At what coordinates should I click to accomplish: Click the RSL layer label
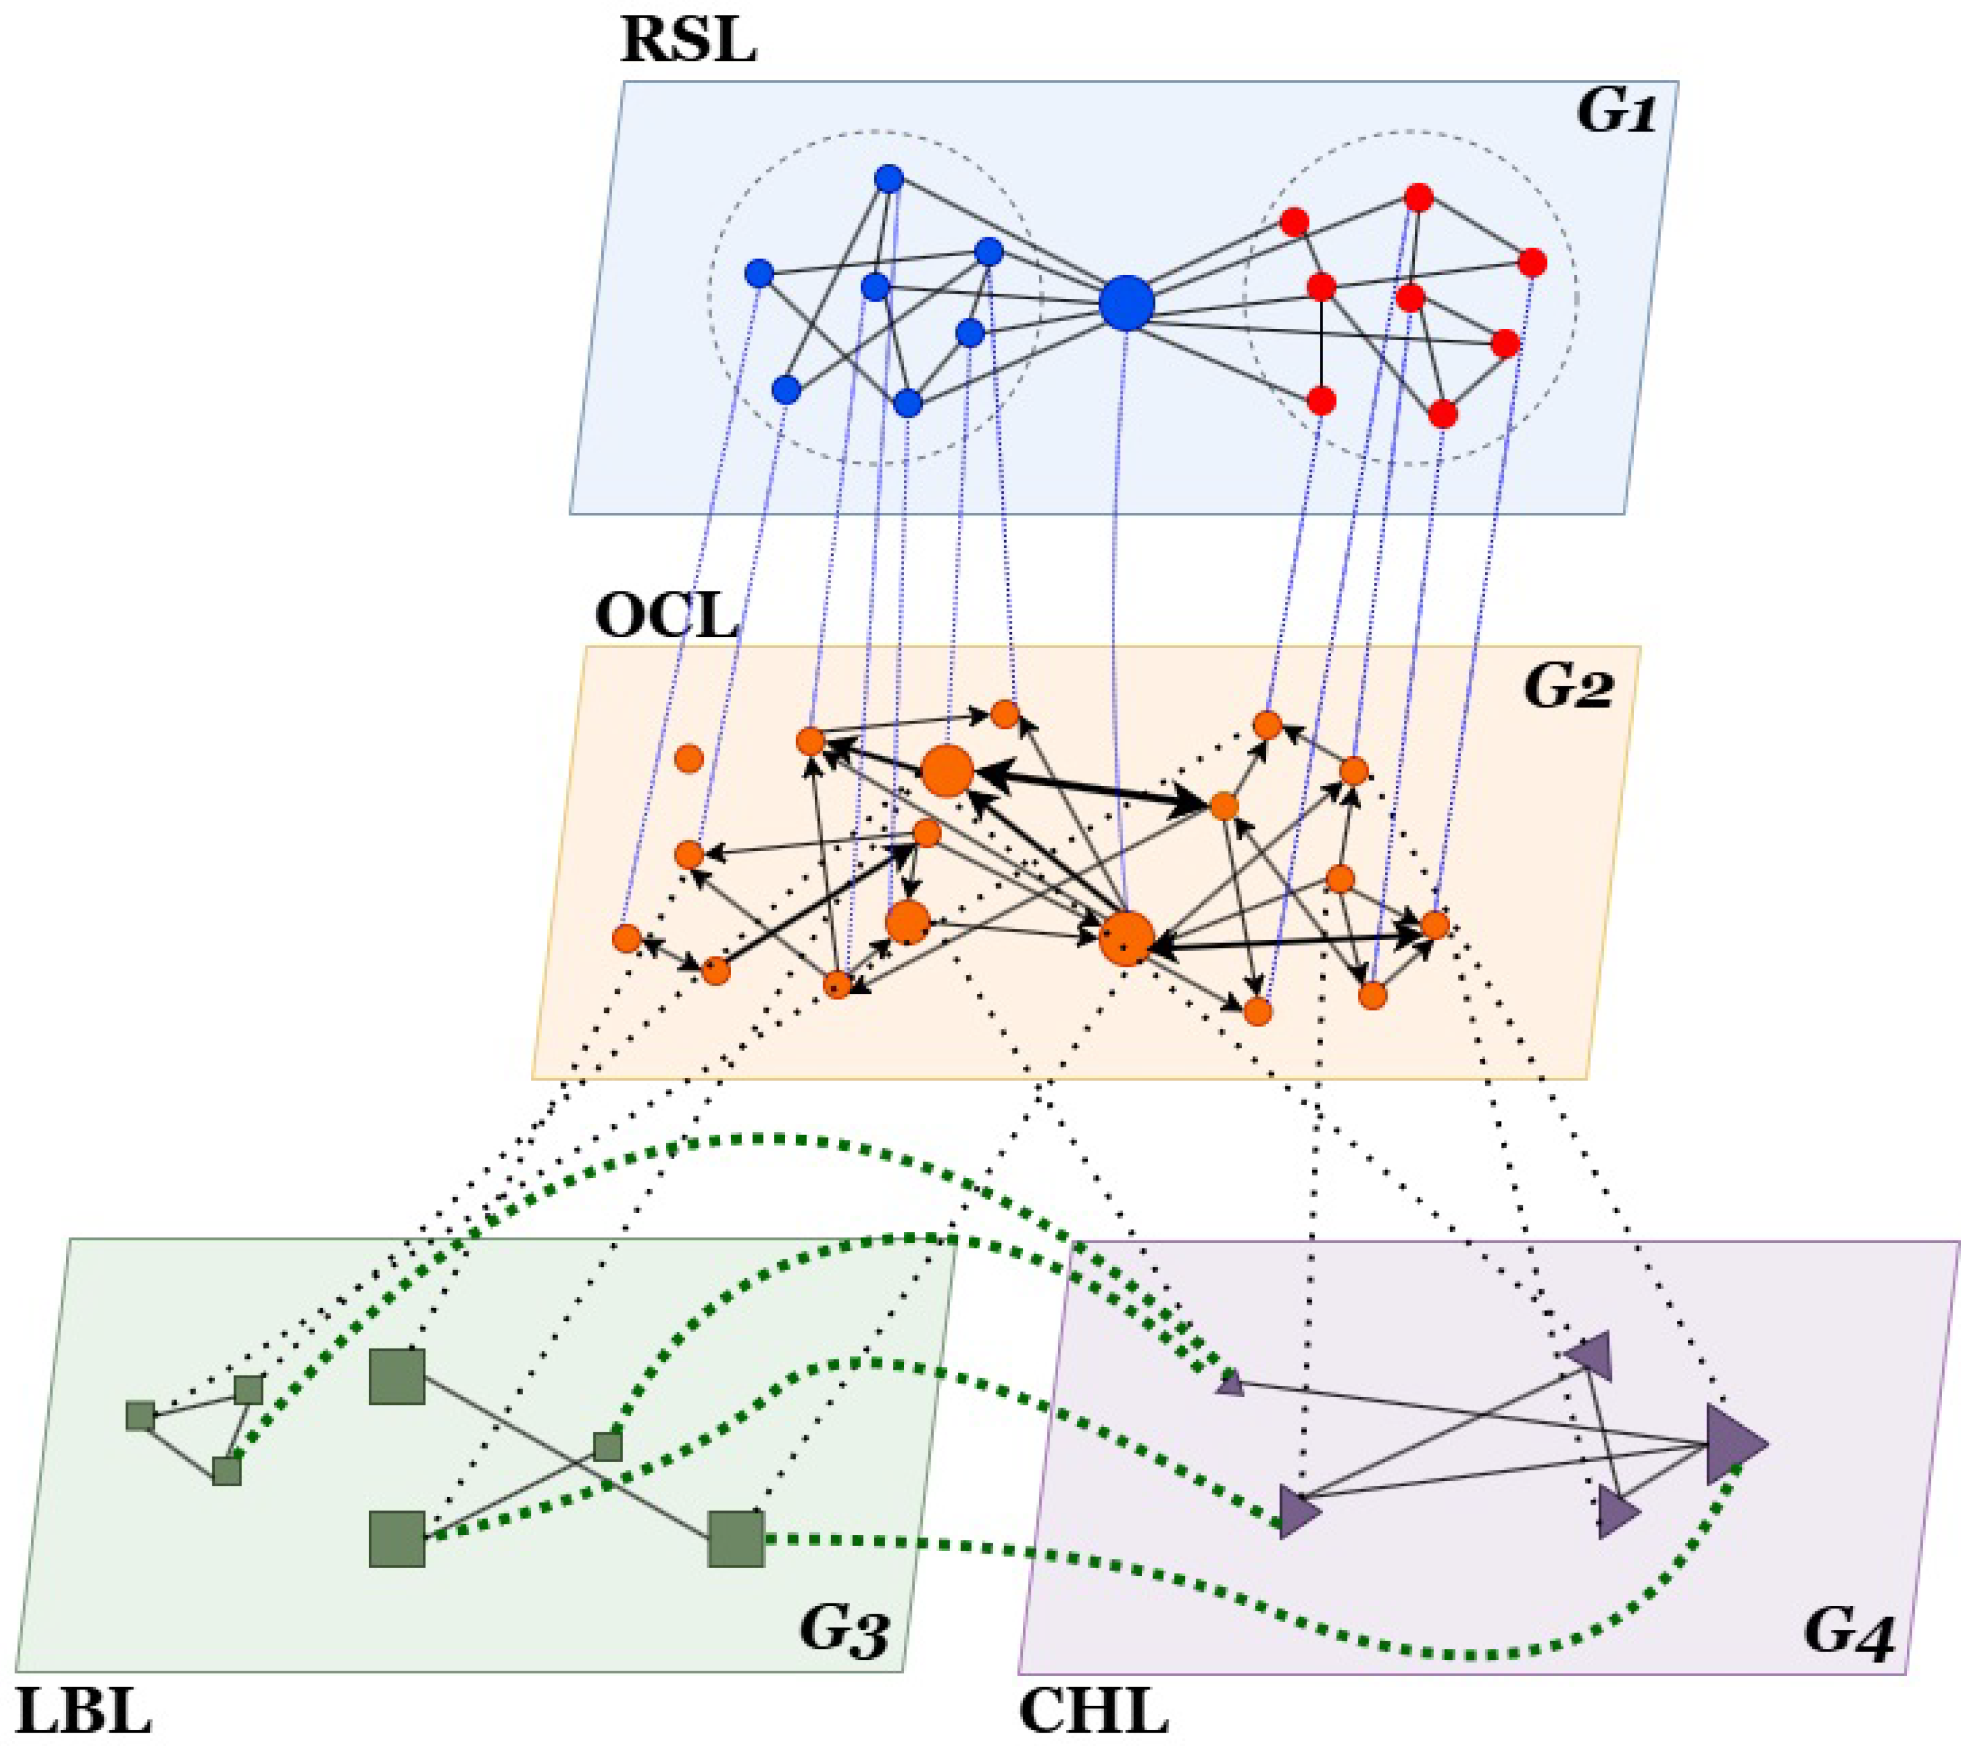pyautogui.click(x=687, y=41)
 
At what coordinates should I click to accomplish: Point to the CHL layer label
pyautogui.click(x=1094, y=1711)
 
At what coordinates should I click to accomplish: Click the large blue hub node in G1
pyautogui.click(x=1126, y=303)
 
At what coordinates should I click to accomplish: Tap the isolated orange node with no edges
pyautogui.click(x=689, y=758)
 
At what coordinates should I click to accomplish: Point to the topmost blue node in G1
pyautogui.click(x=889, y=179)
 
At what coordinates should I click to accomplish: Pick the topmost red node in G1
pyautogui.click(x=1418, y=198)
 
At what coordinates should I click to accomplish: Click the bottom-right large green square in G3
pyautogui.click(x=736, y=1538)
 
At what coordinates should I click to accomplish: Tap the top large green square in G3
pyautogui.click(x=397, y=1376)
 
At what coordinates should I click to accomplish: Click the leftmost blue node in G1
pyautogui.click(x=760, y=273)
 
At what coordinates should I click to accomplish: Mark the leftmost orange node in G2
pyautogui.click(x=627, y=938)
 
